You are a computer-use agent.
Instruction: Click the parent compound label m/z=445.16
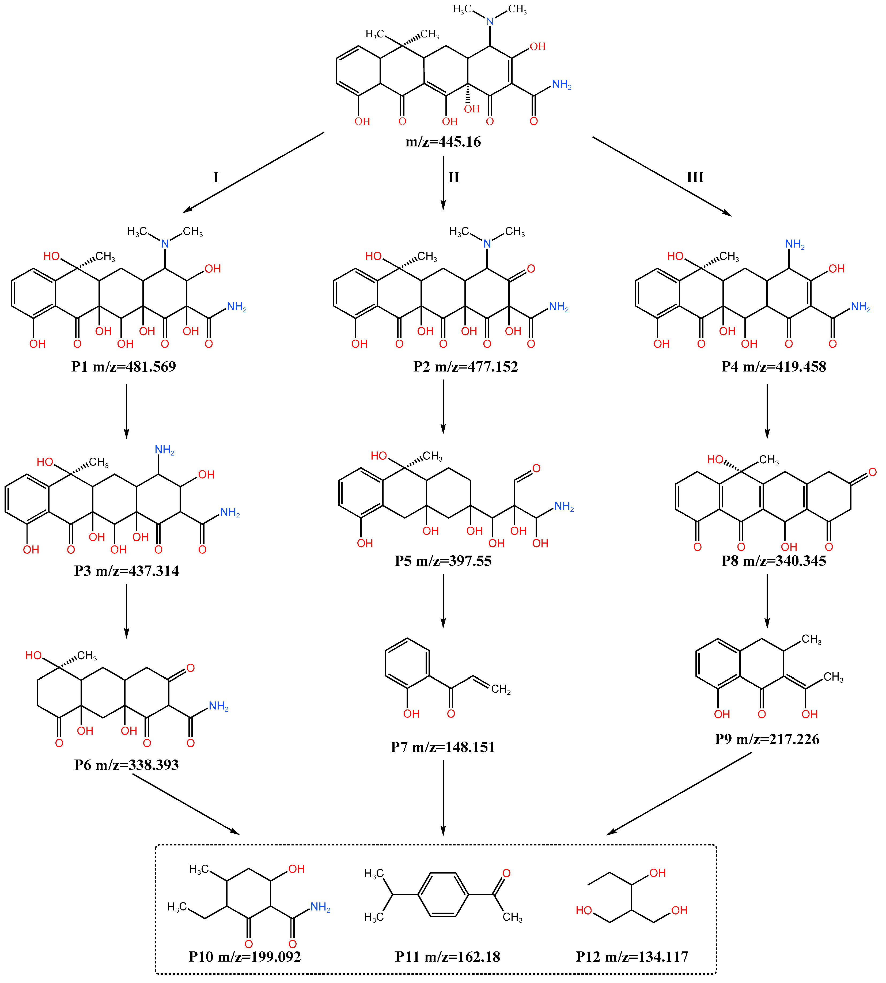coord(443,142)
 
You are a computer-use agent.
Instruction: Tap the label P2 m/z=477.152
coord(466,366)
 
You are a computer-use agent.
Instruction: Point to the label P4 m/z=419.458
coord(774,366)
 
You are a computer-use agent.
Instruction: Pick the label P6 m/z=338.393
coord(127,765)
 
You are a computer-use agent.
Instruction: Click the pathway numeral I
coord(216,177)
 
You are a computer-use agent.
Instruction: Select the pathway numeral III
coord(695,177)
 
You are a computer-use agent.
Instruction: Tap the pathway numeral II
coord(454,177)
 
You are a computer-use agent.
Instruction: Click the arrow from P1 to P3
coord(127,411)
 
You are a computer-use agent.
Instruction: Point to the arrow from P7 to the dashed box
coord(443,798)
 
